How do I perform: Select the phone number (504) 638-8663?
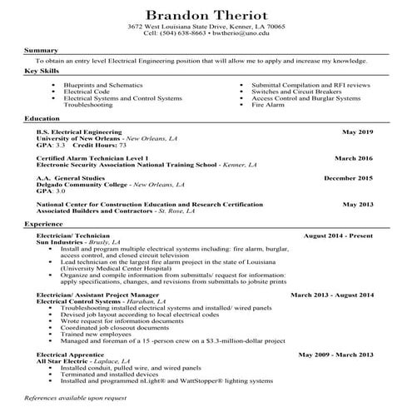click(184, 34)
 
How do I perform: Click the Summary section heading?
click(40, 51)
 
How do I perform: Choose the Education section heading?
click(42, 119)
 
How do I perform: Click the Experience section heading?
click(43, 225)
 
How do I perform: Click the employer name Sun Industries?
click(62, 242)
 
